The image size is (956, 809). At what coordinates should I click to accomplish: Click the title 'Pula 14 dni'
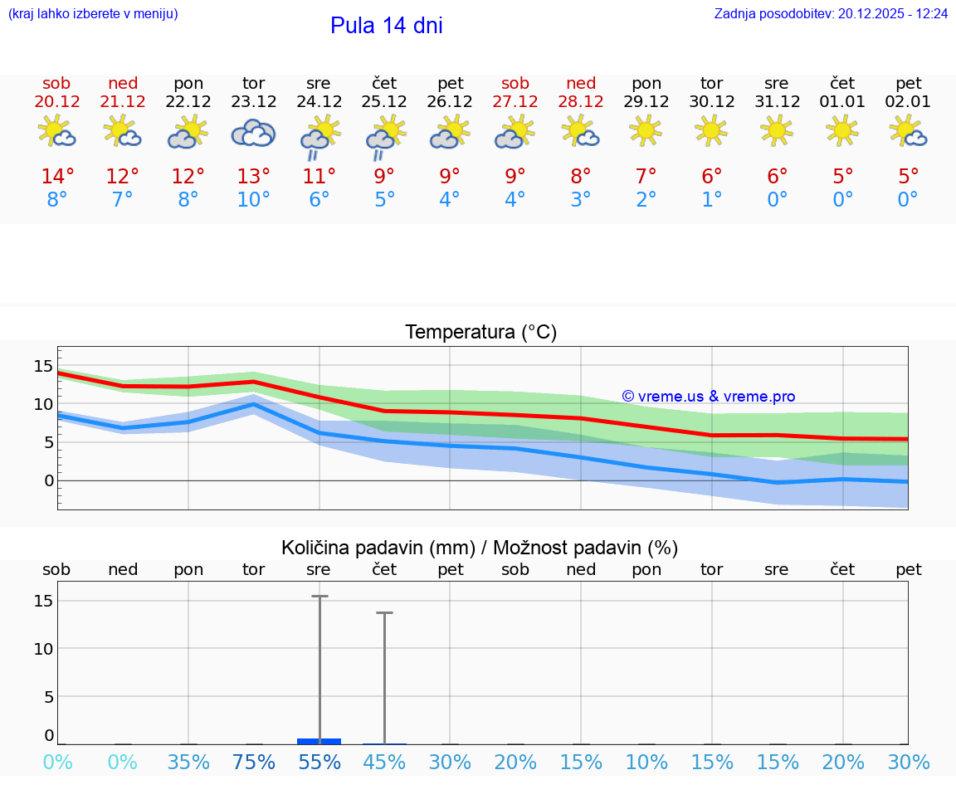point(386,26)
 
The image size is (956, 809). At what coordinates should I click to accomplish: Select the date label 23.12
point(253,102)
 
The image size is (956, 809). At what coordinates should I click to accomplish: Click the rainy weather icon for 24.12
point(319,139)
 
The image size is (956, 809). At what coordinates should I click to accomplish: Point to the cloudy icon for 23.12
point(253,133)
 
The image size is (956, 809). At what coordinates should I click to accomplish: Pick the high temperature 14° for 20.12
point(57,177)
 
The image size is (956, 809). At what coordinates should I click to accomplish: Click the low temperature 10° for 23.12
point(253,200)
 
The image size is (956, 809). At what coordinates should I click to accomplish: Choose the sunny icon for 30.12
point(711,130)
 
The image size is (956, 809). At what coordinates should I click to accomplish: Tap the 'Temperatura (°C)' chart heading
point(480,333)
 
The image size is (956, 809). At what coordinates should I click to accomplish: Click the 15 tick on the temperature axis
point(43,366)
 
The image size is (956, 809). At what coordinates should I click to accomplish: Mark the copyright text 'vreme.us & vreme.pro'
point(709,397)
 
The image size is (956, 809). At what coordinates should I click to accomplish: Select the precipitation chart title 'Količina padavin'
point(480,548)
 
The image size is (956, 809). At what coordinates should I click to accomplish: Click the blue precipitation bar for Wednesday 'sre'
point(319,741)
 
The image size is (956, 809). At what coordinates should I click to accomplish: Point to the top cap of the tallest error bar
point(319,596)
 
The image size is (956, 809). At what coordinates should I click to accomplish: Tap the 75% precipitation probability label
point(253,763)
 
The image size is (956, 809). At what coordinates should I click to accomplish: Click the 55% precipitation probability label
point(319,763)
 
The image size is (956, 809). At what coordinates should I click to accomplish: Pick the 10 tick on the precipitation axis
point(43,648)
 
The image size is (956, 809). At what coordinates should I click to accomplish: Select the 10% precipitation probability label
point(646,763)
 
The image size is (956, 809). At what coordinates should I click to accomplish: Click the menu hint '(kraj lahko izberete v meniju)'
point(93,14)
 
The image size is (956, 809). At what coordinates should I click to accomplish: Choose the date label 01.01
point(843,102)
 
